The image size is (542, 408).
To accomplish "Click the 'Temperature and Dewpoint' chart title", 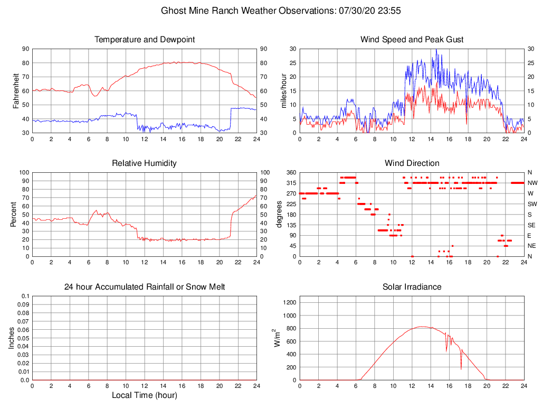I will coord(145,40).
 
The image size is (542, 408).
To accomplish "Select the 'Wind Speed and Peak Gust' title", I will coord(412,40).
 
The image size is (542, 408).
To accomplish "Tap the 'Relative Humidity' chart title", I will coord(145,163).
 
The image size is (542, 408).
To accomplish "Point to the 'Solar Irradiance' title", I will coord(412,287).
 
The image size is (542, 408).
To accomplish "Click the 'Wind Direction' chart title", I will coord(412,163).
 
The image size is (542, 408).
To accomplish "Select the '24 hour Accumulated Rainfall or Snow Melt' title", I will coord(145,287).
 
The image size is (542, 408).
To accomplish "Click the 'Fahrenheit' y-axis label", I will coord(16,91).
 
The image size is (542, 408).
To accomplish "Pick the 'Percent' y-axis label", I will coord(14,215).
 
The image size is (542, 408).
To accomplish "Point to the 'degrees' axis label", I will coord(280,215).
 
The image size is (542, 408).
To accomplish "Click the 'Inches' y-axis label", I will coord(12,338).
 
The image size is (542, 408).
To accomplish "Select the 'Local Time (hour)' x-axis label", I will coord(145,395).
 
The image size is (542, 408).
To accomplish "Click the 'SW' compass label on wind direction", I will coord(533,204).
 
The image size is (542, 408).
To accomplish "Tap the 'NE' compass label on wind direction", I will coord(532,246).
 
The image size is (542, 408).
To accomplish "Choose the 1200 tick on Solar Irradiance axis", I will coord(289,303).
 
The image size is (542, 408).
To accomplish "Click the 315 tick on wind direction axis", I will coord(290,183).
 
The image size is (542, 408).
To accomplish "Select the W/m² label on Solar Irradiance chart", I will coord(277,338).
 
